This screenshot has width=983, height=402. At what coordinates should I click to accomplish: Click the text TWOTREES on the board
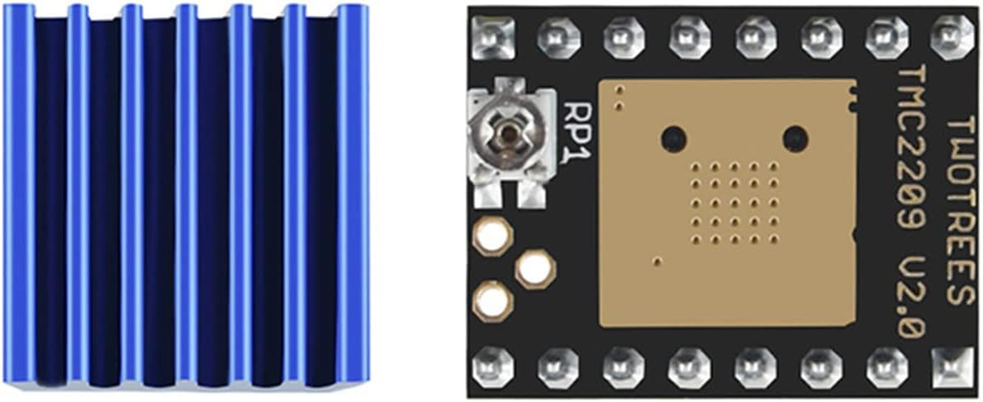pos(961,210)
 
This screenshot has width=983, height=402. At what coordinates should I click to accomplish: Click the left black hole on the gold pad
pos(673,136)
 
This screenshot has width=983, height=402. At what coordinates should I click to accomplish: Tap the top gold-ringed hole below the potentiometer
pos(492,236)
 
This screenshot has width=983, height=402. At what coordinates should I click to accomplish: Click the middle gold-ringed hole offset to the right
pos(535,270)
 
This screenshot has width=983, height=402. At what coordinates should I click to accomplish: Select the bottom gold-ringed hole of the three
pos(492,301)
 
